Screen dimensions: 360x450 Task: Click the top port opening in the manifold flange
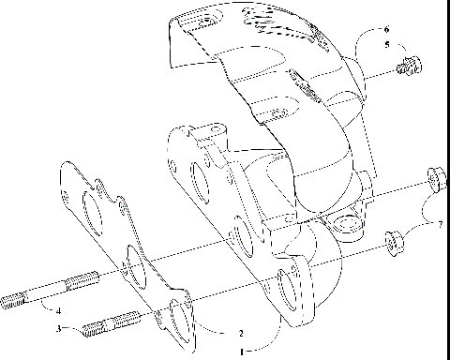pyautogui.click(x=199, y=177)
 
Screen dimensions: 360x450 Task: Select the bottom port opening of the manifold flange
pyautogui.click(x=291, y=288)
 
